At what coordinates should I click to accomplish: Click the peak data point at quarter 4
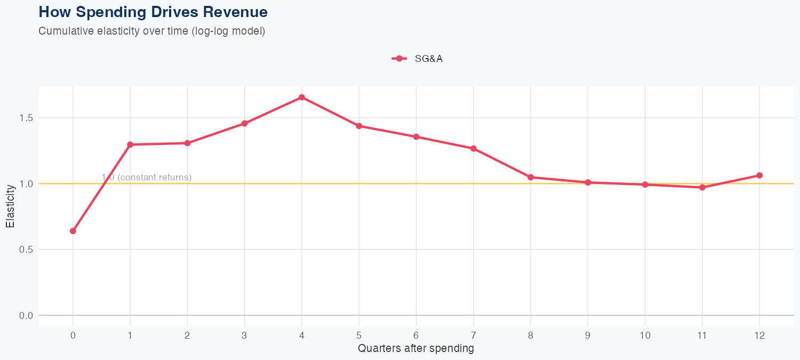pyautogui.click(x=302, y=97)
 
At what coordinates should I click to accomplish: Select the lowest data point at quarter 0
pyautogui.click(x=73, y=231)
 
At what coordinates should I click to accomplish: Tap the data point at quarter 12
pyautogui.click(x=759, y=175)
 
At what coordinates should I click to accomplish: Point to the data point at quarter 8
pyautogui.click(x=531, y=177)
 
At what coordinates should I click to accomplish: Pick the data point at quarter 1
pyautogui.click(x=130, y=145)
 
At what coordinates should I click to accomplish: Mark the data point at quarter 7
pyautogui.click(x=474, y=148)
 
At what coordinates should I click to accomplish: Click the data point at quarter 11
pyautogui.click(x=702, y=187)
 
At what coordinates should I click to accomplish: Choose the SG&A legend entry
pyautogui.click(x=417, y=59)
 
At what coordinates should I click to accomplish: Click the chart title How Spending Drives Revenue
pyautogui.click(x=153, y=12)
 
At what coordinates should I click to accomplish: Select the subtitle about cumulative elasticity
pyautogui.click(x=151, y=31)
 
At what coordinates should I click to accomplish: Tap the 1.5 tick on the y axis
pyautogui.click(x=26, y=118)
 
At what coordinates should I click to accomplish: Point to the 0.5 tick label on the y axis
pyautogui.click(x=26, y=250)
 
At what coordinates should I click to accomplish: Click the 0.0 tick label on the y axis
pyautogui.click(x=26, y=316)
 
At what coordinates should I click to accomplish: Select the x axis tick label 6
pyautogui.click(x=416, y=335)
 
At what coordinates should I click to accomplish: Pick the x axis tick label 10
pyautogui.click(x=645, y=335)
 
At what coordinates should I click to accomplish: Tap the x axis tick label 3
pyautogui.click(x=244, y=335)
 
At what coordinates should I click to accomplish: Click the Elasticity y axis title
pyautogui.click(x=10, y=206)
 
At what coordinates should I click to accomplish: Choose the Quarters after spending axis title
pyautogui.click(x=415, y=349)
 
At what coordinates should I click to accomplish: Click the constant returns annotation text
pyautogui.click(x=147, y=177)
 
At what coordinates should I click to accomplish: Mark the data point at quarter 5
pyautogui.click(x=359, y=126)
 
